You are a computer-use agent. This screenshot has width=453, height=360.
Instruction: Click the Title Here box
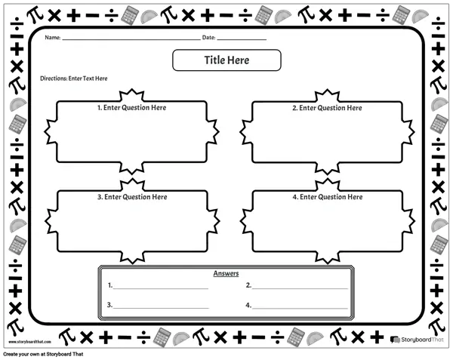point(226,60)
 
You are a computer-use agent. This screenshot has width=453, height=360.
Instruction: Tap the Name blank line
point(131,39)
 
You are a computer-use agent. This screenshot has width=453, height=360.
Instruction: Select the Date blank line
point(242,39)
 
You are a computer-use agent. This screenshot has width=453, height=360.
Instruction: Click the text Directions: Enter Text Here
point(74,78)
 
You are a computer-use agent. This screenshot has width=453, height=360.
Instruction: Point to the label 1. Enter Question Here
point(131,108)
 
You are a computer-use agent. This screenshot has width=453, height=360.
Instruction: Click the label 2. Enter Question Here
point(327,108)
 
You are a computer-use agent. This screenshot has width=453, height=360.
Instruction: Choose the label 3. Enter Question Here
point(132,197)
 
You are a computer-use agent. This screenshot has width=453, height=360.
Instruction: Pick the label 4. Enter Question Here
point(328,197)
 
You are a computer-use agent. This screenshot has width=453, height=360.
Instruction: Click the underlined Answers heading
point(226,273)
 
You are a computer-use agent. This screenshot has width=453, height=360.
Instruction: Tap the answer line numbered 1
point(161,288)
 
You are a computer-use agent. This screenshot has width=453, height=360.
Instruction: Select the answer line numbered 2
point(300,288)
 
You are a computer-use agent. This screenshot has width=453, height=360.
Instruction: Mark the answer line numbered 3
point(161,308)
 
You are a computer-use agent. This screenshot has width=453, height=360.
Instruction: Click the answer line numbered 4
point(300,308)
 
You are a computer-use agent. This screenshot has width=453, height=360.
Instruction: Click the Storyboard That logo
point(417,340)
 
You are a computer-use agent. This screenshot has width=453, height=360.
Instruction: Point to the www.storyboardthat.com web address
point(29,342)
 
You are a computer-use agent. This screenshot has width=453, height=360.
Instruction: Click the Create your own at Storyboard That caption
point(43,354)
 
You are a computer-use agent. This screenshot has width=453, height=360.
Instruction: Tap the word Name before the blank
point(53,38)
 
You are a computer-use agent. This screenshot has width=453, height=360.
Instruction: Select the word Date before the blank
point(208,38)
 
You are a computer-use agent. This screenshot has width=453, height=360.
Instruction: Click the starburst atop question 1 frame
point(131,94)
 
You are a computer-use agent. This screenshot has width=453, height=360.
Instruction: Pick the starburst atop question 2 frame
point(327,95)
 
